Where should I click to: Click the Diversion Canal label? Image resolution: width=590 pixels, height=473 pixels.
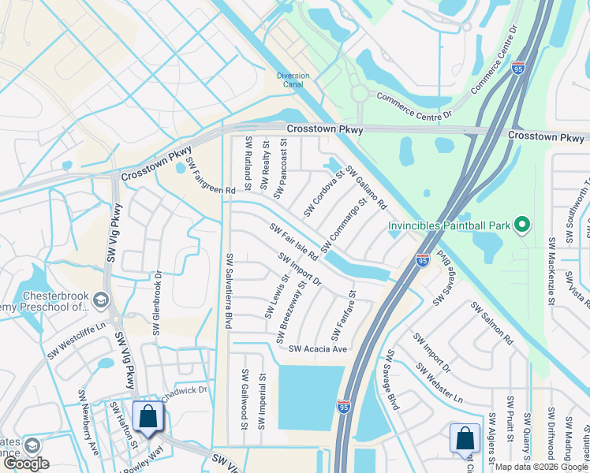click(x=293, y=80)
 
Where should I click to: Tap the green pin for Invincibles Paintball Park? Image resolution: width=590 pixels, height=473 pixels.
click(x=521, y=226)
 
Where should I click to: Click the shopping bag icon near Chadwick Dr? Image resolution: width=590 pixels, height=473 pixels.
click(x=147, y=417)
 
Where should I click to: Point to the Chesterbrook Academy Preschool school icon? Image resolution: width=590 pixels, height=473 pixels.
click(x=100, y=300)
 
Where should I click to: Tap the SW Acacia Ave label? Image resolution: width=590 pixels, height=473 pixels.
click(x=318, y=349)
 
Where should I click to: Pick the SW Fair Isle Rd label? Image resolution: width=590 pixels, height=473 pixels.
click(x=293, y=242)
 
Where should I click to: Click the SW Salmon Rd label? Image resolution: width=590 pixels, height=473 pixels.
click(x=491, y=322)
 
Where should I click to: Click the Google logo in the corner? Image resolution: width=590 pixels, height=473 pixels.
click(x=26, y=464)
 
